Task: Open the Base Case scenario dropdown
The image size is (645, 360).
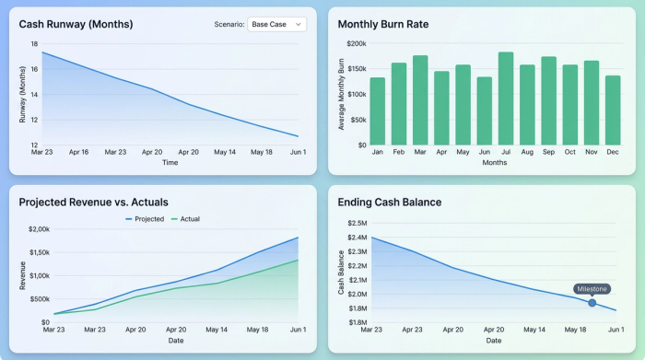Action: point(276,25)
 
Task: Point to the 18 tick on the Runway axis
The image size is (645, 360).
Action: point(34,43)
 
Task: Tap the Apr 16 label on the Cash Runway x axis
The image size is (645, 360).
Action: point(78,152)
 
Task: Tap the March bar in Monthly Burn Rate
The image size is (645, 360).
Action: point(420,99)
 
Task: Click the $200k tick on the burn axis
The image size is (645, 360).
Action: point(357,43)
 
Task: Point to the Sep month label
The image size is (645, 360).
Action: point(548,153)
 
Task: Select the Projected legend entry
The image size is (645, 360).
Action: point(145,219)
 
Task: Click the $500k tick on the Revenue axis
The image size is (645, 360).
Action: point(38,298)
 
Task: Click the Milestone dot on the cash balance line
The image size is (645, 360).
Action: point(592,302)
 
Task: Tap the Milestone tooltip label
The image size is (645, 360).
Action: point(592,288)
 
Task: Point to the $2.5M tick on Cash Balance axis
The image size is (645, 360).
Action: point(357,223)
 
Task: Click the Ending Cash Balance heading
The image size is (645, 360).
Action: point(390,202)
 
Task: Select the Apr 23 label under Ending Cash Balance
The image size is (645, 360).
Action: point(413,329)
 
